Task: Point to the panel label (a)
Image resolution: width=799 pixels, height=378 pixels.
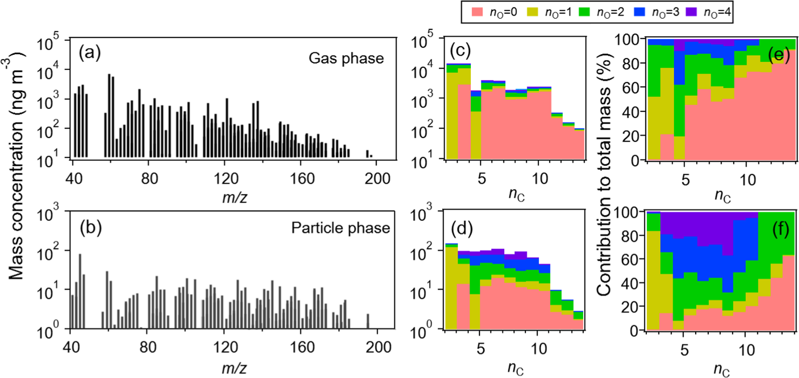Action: [90, 52]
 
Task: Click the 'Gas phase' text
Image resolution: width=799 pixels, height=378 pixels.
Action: [346, 58]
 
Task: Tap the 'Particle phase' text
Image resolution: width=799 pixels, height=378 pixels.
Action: [340, 228]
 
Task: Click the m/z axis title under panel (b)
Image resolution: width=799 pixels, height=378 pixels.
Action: [234, 367]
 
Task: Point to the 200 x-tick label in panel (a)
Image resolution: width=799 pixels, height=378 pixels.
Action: [377, 178]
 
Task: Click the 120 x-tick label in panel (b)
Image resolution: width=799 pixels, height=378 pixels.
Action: [225, 347]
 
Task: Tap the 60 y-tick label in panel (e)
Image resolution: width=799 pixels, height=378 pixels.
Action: [631, 87]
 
